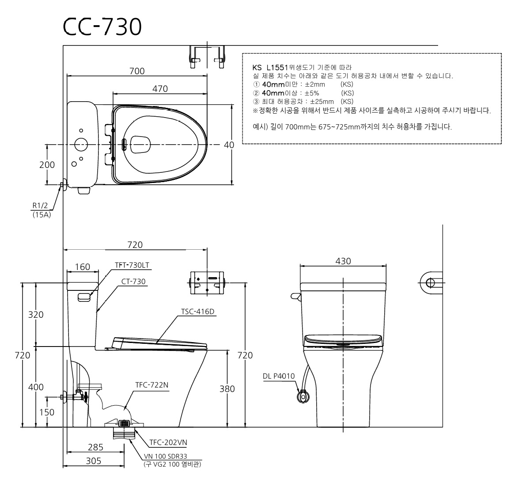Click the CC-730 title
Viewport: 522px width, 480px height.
coord(102,27)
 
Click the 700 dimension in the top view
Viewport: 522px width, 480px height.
coord(137,71)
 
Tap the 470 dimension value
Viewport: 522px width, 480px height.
coord(160,89)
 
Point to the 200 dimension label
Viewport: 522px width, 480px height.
coord(47,164)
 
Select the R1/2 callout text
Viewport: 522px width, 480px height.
coord(40,206)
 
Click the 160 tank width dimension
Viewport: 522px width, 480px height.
coord(83,267)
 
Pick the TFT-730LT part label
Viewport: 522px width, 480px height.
coord(132,265)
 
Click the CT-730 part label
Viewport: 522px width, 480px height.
coord(133,282)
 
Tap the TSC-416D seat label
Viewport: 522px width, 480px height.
coord(198,312)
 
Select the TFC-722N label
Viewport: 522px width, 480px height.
coord(152,385)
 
